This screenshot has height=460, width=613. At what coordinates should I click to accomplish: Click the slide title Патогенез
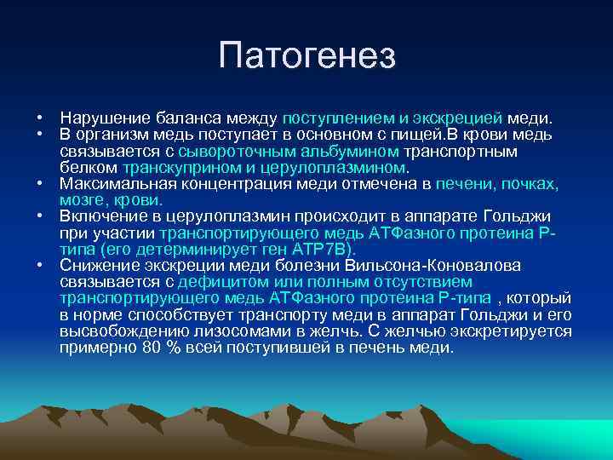306,55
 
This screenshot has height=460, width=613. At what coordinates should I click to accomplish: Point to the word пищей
391,135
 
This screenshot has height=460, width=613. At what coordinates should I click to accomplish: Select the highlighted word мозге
82,200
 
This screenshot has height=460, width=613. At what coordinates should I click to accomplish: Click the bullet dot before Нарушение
40,118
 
